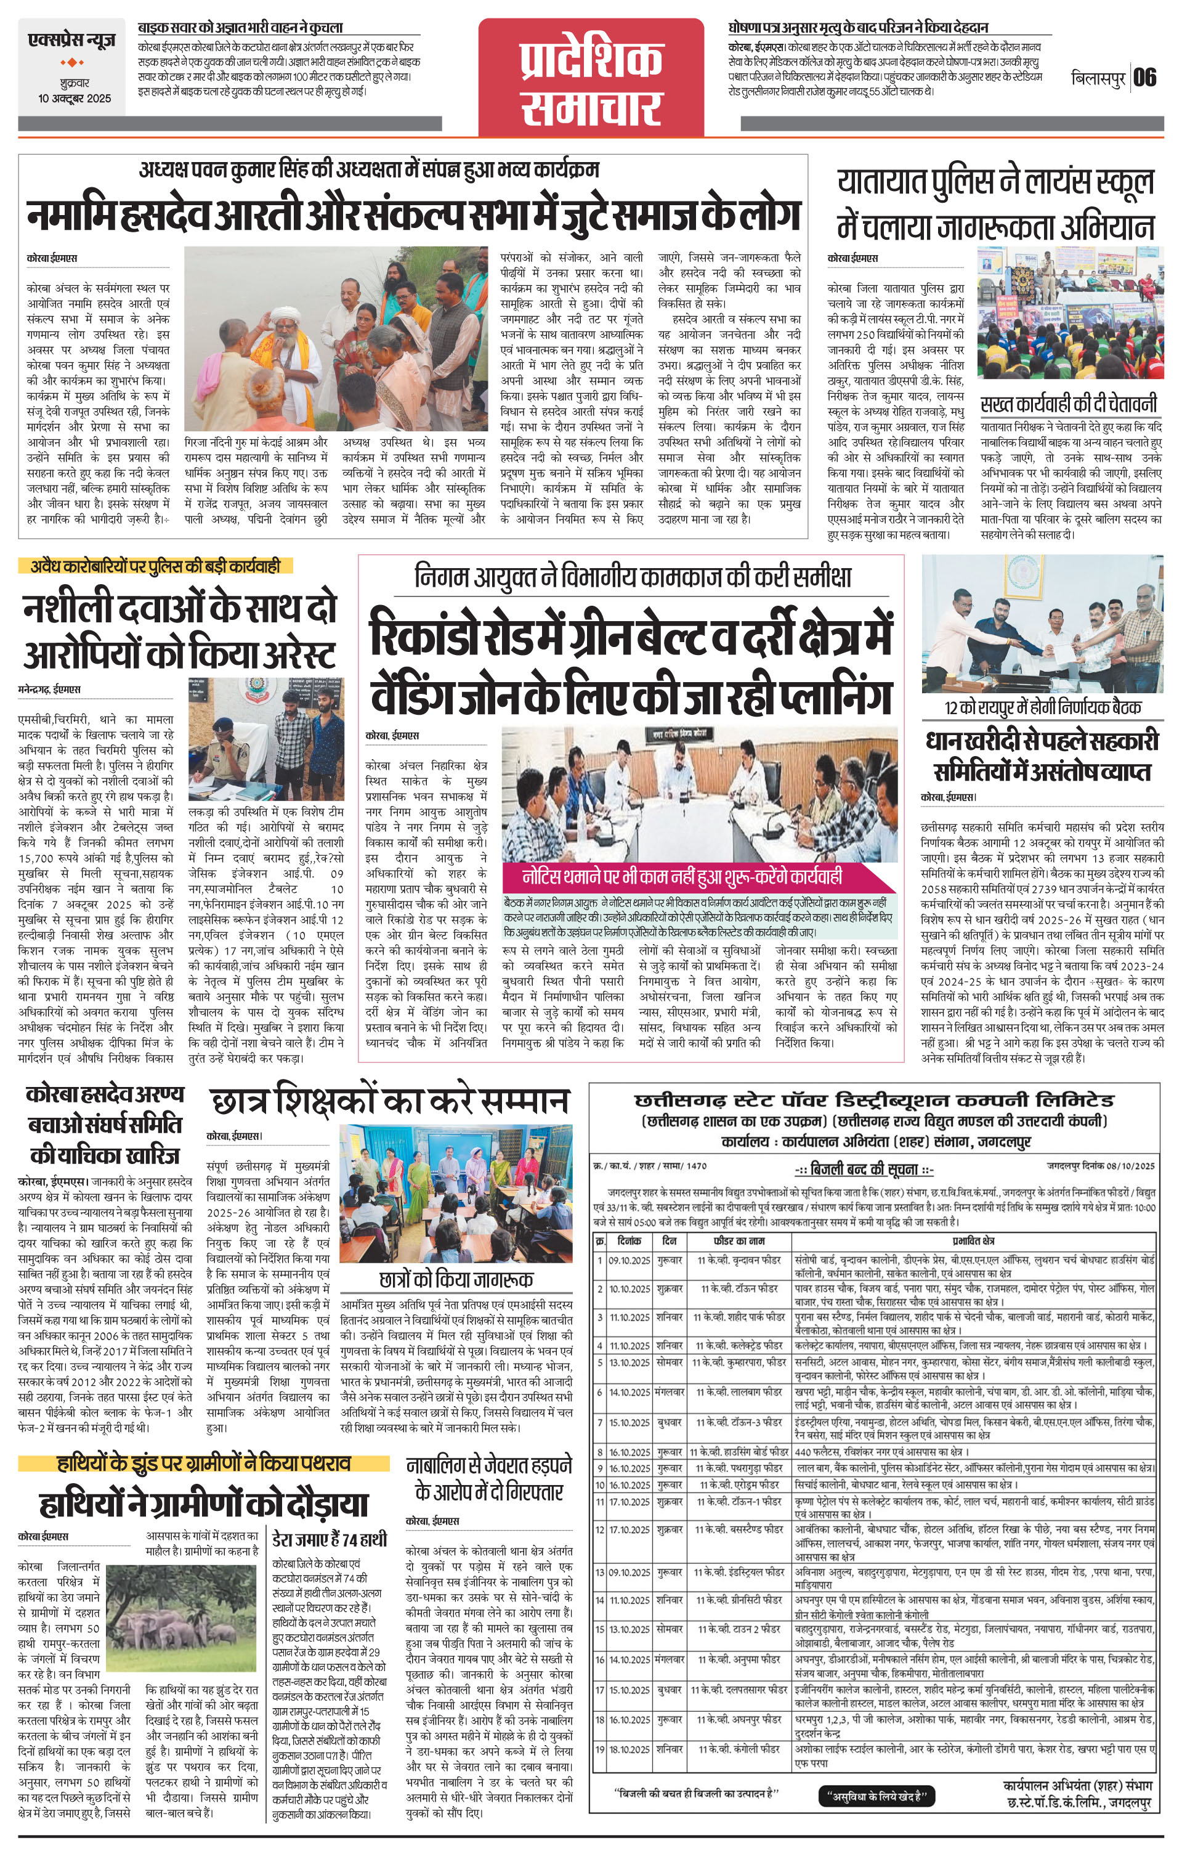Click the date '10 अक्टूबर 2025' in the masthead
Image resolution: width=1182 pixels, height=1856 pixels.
(75, 99)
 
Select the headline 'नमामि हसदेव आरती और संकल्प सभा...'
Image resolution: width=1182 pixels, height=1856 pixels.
(413, 215)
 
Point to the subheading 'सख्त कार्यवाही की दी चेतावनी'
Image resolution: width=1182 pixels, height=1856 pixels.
(1069, 405)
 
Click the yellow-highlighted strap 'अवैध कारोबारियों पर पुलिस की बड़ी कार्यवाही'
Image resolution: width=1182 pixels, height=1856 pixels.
(150, 566)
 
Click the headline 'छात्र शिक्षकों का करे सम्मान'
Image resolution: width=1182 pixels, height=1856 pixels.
(388, 1101)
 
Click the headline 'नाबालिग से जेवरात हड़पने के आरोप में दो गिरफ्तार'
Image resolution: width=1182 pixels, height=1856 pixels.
(489, 1478)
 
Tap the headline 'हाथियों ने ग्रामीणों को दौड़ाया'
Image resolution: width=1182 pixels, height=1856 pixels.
(204, 1505)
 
